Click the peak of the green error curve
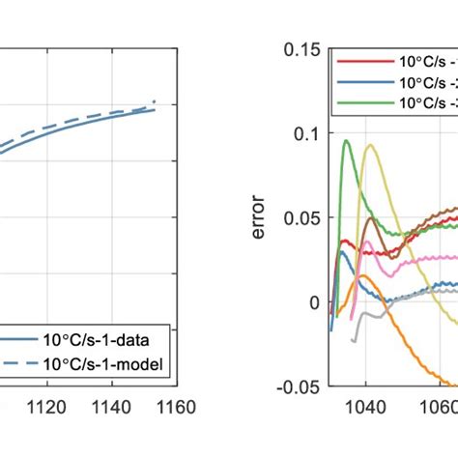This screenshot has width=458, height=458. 346,141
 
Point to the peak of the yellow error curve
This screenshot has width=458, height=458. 369,146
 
